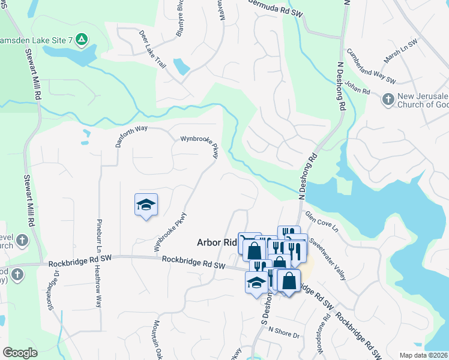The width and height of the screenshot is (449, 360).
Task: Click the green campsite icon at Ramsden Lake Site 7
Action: [x=82, y=40]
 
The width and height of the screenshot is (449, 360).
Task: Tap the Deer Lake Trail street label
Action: [x=151, y=49]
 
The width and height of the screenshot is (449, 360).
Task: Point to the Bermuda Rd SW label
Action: [x=274, y=8]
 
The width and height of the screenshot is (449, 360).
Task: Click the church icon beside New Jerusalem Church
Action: [x=388, y=98]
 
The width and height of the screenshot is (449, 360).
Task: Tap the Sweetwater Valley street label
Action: [x=328, y=259]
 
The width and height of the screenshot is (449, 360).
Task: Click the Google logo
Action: [x=20, y=353]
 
